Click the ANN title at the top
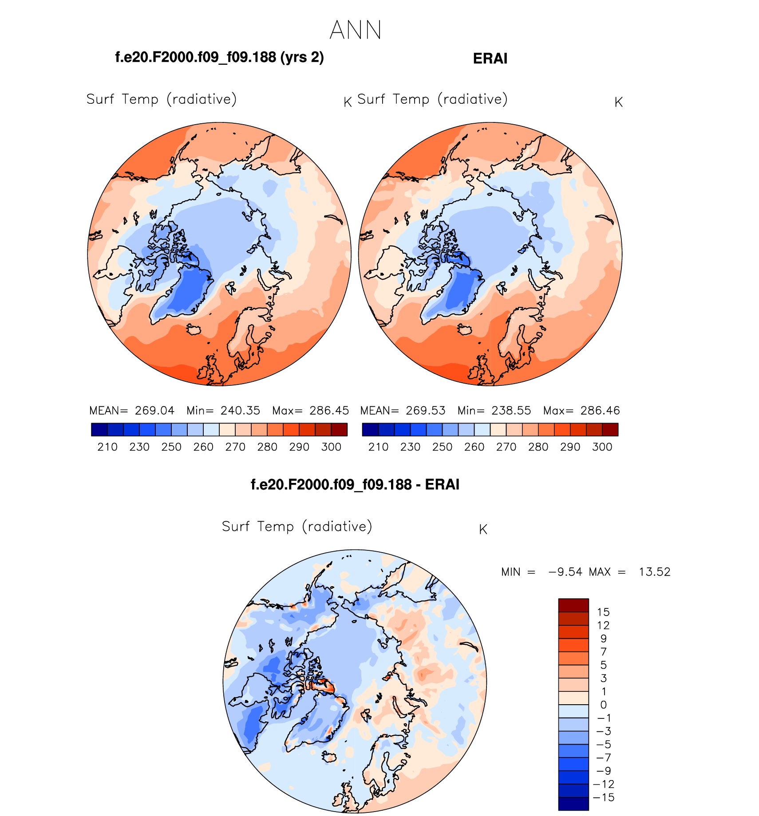coord(356,30)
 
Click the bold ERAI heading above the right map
coord(490,59)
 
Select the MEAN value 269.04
coord(154,411)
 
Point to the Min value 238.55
coord(511,411)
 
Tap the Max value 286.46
coord(600,411)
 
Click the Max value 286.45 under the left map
coord(329,411)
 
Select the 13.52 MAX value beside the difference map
coord(654,572)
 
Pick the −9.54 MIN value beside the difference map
coord(565,572)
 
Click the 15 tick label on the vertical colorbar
coord(603,612)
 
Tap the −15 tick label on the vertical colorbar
coord(604,797)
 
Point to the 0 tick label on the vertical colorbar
coord(603,705)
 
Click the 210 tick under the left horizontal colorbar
coord(107,447)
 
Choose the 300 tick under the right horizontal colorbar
coord(602,447)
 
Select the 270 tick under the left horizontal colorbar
coord(235,447)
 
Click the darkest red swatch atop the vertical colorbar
coord(573,605)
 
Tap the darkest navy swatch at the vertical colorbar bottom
coord(573,804)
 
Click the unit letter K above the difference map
coord(483,530)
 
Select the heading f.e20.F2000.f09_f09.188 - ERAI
coord(355,484)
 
